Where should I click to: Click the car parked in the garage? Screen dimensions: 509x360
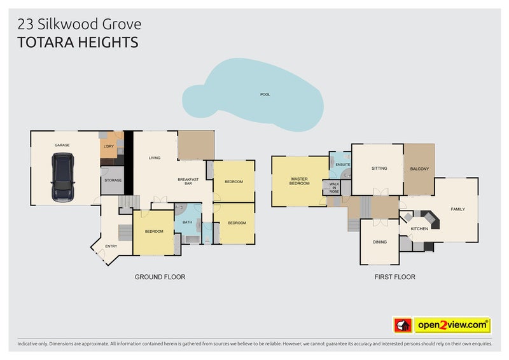[62, 177]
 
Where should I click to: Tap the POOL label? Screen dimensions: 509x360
[265, 95]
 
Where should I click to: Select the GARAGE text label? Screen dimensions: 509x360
[62, 145]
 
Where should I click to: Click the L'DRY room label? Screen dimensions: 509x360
[109, 146]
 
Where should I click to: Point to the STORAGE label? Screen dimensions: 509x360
[113, 180]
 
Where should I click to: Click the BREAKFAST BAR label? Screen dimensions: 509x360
[188, 181]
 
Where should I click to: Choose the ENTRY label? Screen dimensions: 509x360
[111, 246]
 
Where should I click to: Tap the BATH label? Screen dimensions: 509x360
[187, 223]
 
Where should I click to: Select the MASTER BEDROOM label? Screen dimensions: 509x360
[299, 181]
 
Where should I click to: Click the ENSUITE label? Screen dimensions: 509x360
[343, 165]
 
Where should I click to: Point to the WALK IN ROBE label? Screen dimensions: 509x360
[334, 188]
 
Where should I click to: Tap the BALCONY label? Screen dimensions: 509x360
[419, 169]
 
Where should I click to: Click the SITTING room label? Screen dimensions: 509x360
[379, 168]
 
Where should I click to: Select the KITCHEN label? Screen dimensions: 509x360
[419, 229]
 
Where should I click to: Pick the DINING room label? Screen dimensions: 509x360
[380, 242]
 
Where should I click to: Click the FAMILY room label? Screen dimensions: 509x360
[457, 209]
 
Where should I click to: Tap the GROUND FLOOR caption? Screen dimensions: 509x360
[160, 277]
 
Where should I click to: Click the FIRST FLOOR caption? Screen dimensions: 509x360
[394, 277]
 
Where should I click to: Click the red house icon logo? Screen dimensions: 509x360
[403, 325]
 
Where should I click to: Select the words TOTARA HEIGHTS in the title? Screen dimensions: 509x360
[78, 43]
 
